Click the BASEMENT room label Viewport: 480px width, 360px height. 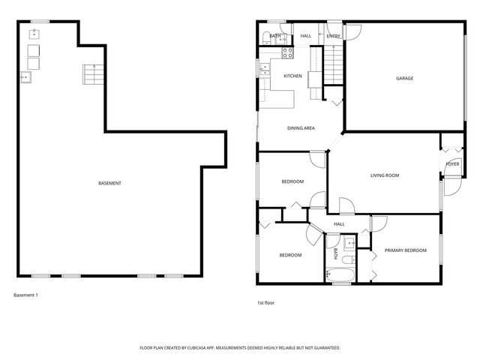[109, 184]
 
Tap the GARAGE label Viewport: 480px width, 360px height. [404, 79]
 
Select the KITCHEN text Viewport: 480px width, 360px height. [292, 76]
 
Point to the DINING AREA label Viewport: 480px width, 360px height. [301, 128]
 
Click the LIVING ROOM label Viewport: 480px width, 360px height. [384, 175]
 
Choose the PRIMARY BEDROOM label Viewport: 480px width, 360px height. [405, 250]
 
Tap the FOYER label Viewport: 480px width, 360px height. [452, 163]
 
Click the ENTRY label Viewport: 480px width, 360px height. [333, 36]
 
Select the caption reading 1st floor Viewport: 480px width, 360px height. [265, 303]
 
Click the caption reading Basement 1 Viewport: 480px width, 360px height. [25, 295]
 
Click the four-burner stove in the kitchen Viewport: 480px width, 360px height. [286, 52]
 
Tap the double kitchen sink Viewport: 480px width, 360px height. [265, 69]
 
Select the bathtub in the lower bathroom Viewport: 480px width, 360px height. [340, 277]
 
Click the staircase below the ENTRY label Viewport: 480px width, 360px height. [332, 64]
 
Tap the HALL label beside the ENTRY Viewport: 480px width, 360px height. [306, 36]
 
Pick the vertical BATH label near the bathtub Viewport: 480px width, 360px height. [334, 253]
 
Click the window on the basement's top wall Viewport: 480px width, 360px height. [40, 22]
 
